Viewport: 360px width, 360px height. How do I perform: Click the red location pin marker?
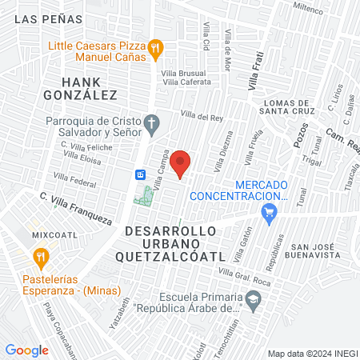pyautogui.click(x=182, y=163)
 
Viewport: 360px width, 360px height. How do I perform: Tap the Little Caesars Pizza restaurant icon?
pyautogui.click(x=157, y=49)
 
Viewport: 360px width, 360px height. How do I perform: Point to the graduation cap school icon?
pyautogui.click(x=254, y=301)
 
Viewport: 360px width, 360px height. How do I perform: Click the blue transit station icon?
pyautogui.click(x=139, y=174)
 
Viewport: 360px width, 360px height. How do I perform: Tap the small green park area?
pyautogui.click(x=145, y=194)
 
